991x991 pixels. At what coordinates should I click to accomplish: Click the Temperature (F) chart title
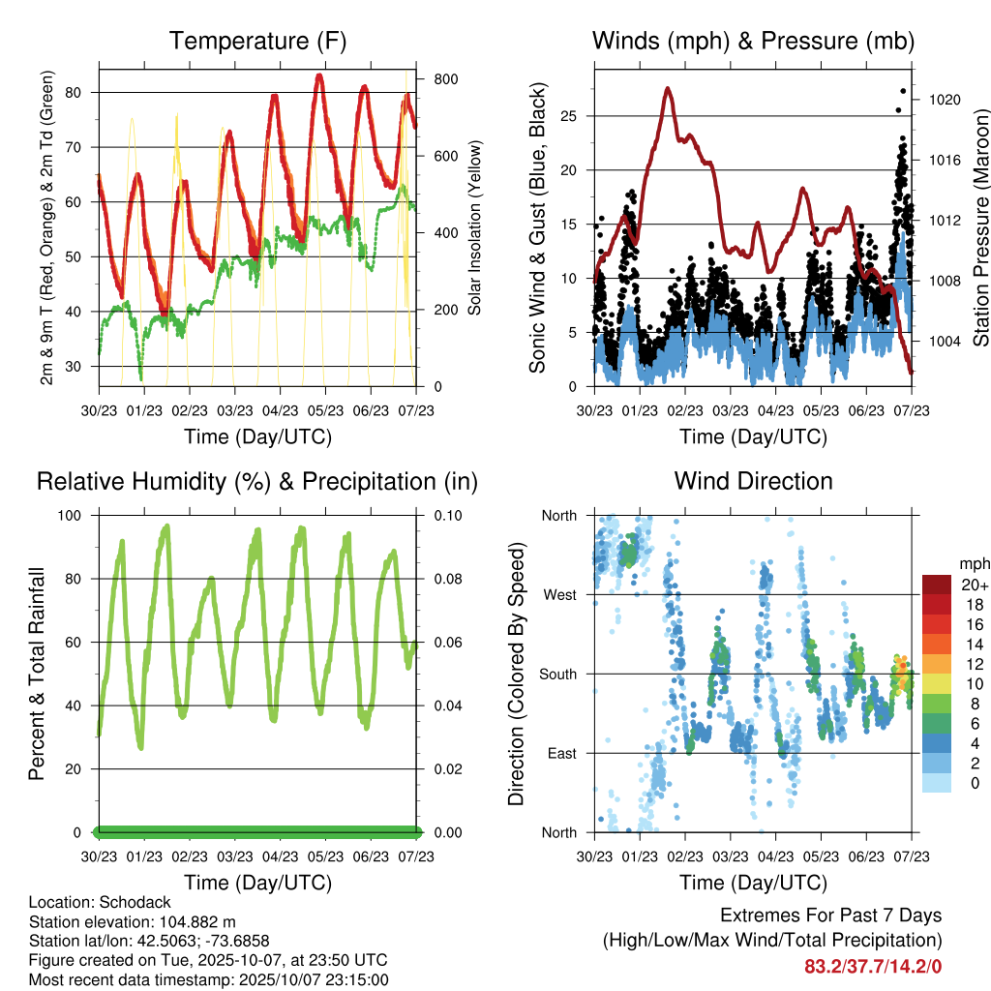pos(257,42)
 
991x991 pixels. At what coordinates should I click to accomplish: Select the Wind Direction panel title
pos(753,481)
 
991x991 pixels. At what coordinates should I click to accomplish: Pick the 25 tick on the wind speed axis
pos(569,116)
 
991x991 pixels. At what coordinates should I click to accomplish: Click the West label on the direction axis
pos(560,594)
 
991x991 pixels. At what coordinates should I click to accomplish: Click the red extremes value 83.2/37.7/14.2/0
pos(873,966)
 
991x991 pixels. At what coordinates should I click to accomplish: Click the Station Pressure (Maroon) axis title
pos(980,227)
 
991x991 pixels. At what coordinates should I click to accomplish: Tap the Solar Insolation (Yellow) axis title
pos(474,227)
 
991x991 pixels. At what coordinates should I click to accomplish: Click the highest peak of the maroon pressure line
pos(668,89)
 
